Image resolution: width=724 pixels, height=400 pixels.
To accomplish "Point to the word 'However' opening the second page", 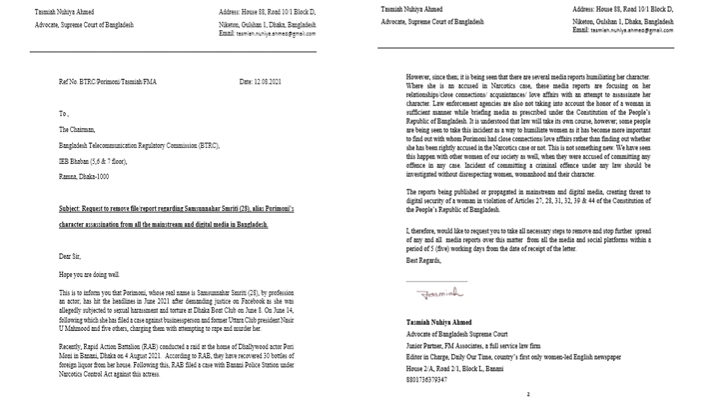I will pyautogui.click(x=420, y=76).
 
